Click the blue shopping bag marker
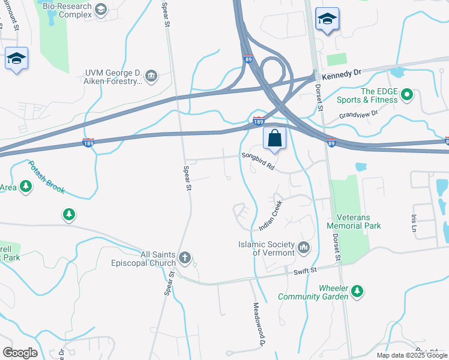pyautogui.click(x=274, y=138)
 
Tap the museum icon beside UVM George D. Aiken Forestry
pyautogui.click(x=151, y=75)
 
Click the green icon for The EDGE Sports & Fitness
pyautogui.click(x=406, y=95)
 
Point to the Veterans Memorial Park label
pyautogui.click(x=354, y=221)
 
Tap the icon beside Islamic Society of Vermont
pyautogui.click(x=304, y=247)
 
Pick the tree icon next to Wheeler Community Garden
pyautogui.click(x=357, y=291)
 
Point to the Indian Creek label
pyautogui.click(x=270, y=216)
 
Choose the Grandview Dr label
pyautogui.click(x=358, y=113)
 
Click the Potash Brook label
pyautogui.click(x=45, y=179)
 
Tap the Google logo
pyautogui.click(x=20, y=353)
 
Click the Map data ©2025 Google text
pyautogui.click(x=412, y=355)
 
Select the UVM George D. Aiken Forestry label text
pyautogui.click(x=113, y=77)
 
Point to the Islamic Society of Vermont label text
pyautogui.click(x=267, y=248)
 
